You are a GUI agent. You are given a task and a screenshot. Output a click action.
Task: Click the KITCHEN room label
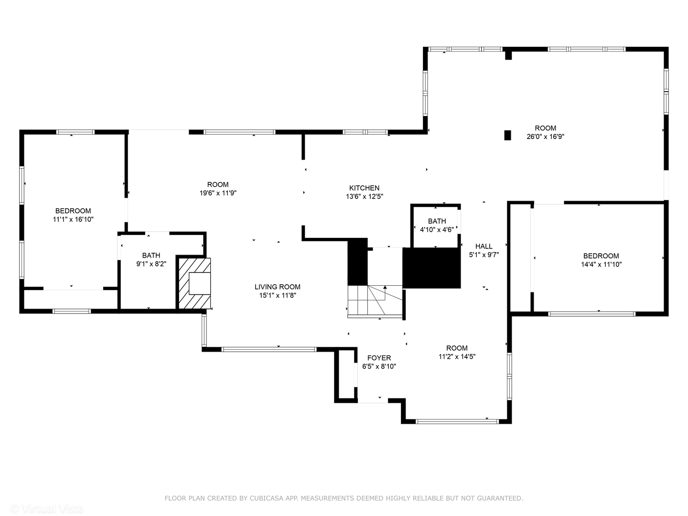tap(364, 188)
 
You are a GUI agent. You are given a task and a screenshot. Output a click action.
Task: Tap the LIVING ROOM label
tap(277, 287)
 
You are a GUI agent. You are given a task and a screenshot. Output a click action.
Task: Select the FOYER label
tap(379, 358)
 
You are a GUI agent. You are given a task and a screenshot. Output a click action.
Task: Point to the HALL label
tap(484, 246)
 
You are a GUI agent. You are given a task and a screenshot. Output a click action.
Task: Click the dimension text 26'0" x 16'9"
tap(545, 137)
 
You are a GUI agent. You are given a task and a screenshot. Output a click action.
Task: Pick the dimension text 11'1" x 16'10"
tap(73, 219)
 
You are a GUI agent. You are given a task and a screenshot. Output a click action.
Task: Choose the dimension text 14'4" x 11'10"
tap(601, 264)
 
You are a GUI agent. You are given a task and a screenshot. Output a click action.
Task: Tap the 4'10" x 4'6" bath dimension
tap(436, 230)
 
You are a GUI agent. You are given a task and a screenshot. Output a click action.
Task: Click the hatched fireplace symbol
tap(194, 283)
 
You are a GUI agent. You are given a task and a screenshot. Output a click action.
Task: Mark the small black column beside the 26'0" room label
tap(507, 135)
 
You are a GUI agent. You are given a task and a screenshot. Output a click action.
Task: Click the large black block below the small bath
tap(431, 268)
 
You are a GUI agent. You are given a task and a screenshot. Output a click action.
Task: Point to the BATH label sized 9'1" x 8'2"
tap(151, 255)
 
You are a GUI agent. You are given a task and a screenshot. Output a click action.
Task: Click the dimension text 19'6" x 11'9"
tap(218, 193)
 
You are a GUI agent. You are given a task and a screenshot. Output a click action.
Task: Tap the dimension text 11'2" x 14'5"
tap(457, 356)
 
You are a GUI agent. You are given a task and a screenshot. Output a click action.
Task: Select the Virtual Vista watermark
tap(47, 508)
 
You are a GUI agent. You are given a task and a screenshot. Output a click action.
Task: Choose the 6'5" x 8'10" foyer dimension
tap(379, 366)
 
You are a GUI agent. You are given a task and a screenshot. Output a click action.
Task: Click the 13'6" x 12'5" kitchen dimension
tap(364, 196)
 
